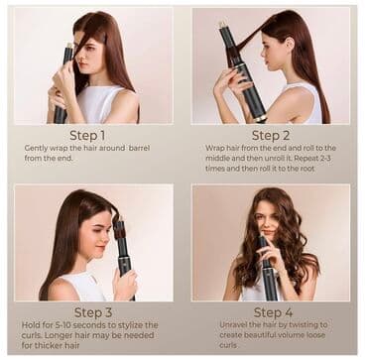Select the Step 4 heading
(x=271, y=311)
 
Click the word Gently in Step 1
(x=37, y=148)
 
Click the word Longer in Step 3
(x=50, y=335)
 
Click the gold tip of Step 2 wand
(x=223, y=23)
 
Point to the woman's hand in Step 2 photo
(x=224, y=82)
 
